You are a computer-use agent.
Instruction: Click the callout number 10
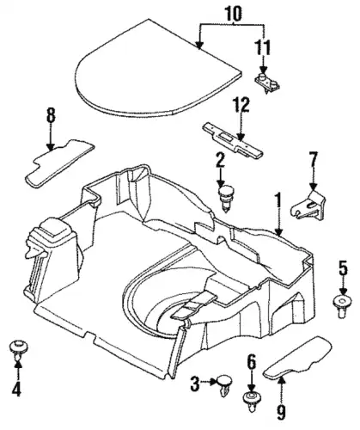click(x=234, y=13)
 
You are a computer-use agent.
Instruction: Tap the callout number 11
click(x=263, y=47)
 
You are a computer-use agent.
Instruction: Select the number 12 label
click(x=241, y=105)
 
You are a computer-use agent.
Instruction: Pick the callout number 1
click(x=278, y=200)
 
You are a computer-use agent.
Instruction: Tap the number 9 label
click(x=281, y=412)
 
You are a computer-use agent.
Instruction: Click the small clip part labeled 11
click(x=267, y=82)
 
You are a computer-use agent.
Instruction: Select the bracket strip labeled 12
click(x=232, y=140)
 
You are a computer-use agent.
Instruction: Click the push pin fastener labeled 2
click(x=226, y=199)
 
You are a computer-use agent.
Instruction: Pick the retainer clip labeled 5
click(x=343, y=306)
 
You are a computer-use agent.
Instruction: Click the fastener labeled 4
click(x=18, y=349)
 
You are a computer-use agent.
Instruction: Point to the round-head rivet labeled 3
click(x=223, y=385)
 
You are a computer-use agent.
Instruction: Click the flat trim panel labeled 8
click(x=59, y=163)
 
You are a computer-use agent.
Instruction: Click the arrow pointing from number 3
click(x=208, y=382)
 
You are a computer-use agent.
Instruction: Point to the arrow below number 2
click(x=221, y=178)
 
